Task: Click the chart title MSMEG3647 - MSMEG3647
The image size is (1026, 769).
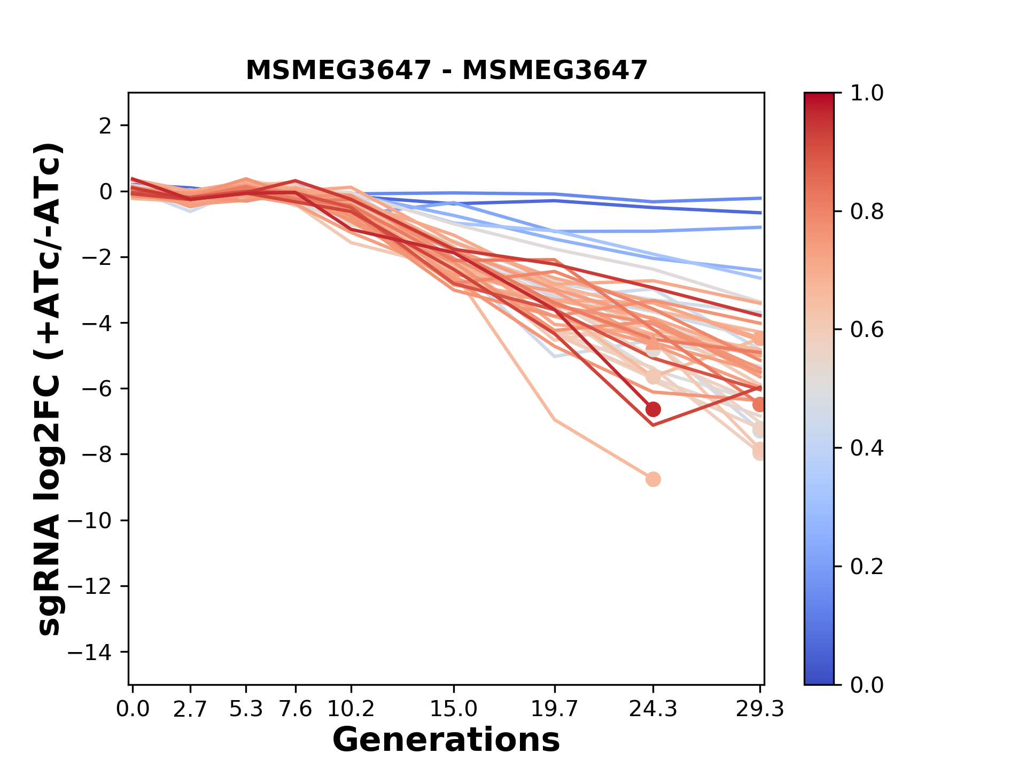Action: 446,70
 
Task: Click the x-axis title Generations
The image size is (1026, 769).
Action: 446,740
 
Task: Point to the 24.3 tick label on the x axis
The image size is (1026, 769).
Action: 652,709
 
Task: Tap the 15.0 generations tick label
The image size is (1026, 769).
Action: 454,709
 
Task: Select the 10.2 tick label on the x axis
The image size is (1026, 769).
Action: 351,709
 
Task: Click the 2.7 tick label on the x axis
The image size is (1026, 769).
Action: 190,709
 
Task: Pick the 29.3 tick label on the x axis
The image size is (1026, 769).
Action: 759,709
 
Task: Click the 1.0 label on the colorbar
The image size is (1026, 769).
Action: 867,93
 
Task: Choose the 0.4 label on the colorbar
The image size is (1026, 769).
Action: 867,448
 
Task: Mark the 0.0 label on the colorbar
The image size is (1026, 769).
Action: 867,685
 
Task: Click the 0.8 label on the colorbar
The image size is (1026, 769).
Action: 867,212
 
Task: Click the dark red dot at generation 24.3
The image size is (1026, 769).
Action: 653,410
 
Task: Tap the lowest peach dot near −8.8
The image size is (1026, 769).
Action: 653,479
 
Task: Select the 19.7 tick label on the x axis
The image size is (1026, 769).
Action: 555,709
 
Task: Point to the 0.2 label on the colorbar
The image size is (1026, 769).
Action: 867,567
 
